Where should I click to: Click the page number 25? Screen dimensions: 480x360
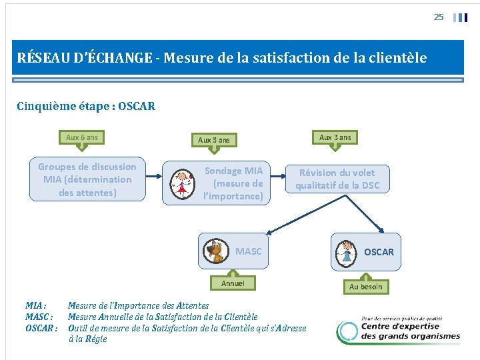click(x=438, y=17)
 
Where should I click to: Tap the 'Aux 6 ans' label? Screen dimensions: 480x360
click(x=82, y=138)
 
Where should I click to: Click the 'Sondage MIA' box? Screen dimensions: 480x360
click(x=233, y=183)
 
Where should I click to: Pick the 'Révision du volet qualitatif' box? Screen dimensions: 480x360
click(x=337, y=179)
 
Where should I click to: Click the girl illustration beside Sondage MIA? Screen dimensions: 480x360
click(x=181, y=184)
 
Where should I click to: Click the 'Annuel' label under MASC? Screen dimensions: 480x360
click(x=233, y=283)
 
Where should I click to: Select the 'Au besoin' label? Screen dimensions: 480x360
click(x=366, y=287)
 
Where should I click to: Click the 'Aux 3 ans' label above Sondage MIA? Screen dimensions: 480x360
click(x=214, y=140)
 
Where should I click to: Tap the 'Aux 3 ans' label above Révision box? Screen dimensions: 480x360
click(x=335, y=137)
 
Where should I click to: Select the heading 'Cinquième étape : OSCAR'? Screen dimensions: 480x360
click(x=86, y=107)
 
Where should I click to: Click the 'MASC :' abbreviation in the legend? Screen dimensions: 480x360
click(x=39, y=317)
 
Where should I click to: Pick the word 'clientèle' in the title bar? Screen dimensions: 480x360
click(x=395, y=58)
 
